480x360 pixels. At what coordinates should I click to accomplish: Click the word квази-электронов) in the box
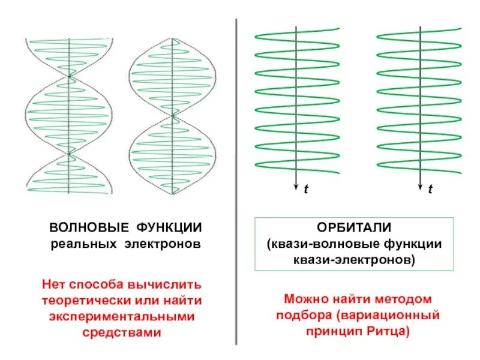click(353, 260)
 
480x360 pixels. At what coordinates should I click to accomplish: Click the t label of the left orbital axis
click(305, 189)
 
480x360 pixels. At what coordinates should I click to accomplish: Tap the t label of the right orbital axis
click(430, 189)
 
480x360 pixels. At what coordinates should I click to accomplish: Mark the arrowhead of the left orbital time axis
click(296, 187)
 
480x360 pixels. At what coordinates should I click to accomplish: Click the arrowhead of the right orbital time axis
click(420, 187)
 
